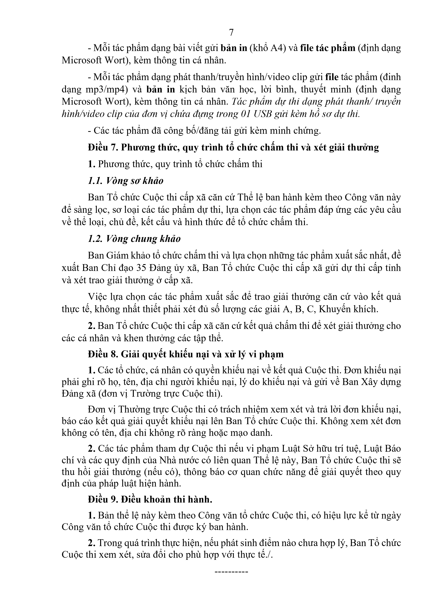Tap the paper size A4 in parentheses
278,48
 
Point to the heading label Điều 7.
103,147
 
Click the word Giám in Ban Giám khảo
129,256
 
